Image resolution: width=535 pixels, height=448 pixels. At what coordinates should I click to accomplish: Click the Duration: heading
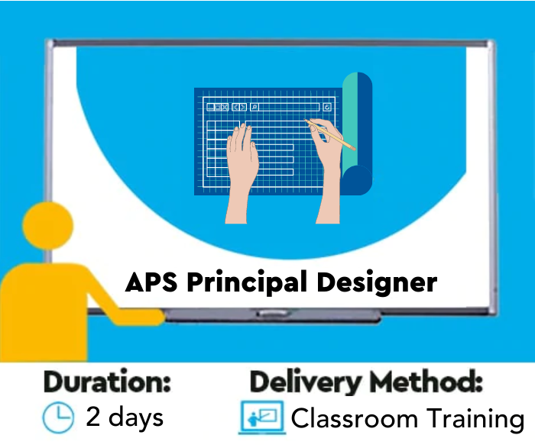pyautogui.click(x=107, y=382)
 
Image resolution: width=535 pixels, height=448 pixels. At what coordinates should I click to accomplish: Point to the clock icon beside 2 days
pyautogui.click(x=58, y=417)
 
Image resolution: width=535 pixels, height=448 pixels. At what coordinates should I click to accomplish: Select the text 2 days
pyautogui.click(x=125, y=417)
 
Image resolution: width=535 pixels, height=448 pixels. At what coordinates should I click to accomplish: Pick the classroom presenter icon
pyautogui.click(x=261, y=418)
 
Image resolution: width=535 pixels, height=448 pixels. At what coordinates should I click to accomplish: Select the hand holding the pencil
pyautogui.click(x=327, y=164)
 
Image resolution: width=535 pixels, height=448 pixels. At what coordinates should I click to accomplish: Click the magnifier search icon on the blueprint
pyautogui.click(x=255, y=107)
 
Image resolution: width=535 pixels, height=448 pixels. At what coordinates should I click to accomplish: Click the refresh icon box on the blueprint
pyautogui.click(x=327, y=107)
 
